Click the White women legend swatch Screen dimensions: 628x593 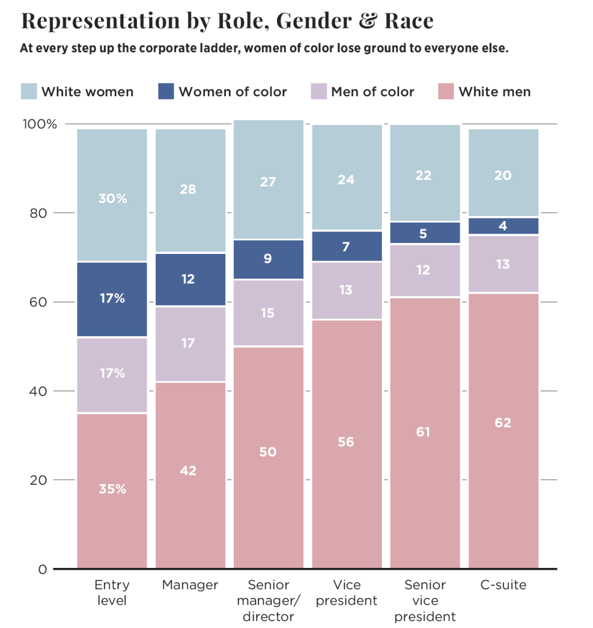pos(29,92)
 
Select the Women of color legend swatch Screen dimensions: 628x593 pos(166,92)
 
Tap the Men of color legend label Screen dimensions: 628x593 pos(373,92)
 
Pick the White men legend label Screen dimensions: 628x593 pos(495,92)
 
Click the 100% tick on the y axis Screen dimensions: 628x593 pos(40,124)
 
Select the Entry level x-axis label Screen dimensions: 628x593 pos(111,592)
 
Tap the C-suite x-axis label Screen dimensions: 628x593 pos(503,585)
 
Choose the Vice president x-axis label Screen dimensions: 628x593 pos(346,592)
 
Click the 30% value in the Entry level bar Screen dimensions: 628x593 pos(112,199)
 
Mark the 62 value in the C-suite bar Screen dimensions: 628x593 pos(503,423)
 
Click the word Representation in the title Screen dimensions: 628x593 pos(95,21)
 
